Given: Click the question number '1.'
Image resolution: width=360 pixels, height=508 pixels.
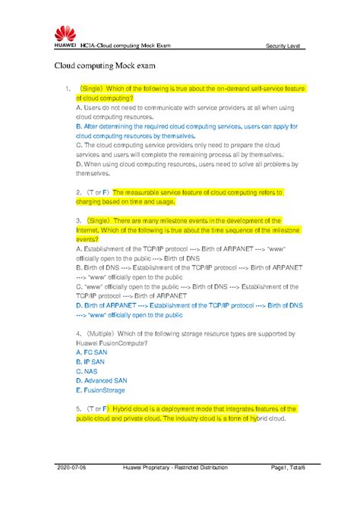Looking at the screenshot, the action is coord(80,89).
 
